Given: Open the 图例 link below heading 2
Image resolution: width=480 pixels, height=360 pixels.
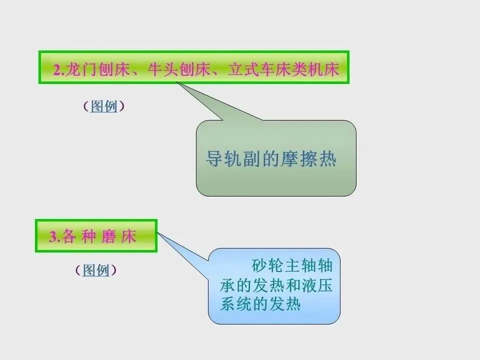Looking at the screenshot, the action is pos(103,106).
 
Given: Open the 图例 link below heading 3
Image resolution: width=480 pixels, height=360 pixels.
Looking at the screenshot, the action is pos(95,270).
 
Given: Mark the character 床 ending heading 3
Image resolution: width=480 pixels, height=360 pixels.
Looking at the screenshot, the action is pos(128,236).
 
